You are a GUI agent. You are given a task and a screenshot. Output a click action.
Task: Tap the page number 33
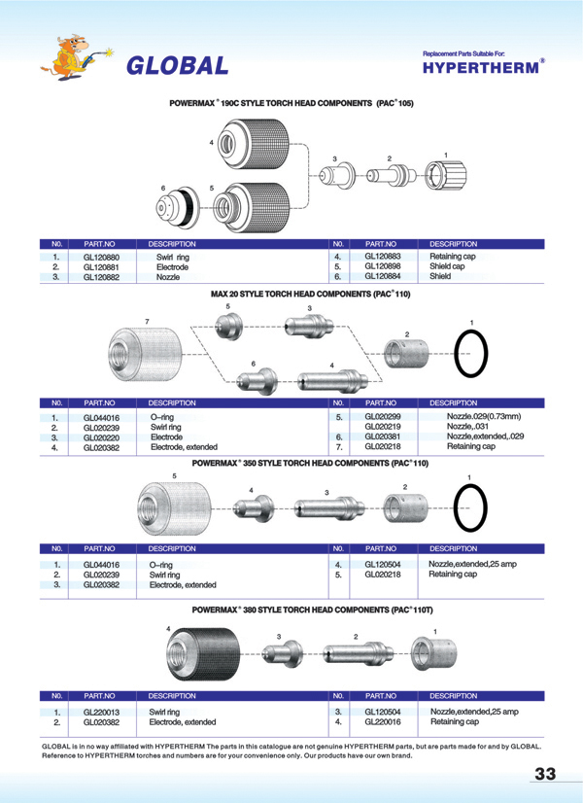pos(544,774)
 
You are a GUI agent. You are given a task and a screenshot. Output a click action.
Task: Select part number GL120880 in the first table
pos(102,257)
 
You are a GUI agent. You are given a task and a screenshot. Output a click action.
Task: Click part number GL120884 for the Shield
pos(382,276)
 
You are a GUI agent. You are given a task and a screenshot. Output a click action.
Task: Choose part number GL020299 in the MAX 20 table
pos(382,416)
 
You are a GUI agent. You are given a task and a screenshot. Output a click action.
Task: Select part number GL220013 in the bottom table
pos(102,713)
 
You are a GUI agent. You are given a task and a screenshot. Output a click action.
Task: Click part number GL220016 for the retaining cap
pos(382,722)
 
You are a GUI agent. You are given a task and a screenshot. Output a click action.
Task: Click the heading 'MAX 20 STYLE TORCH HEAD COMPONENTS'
pos(310,293)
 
